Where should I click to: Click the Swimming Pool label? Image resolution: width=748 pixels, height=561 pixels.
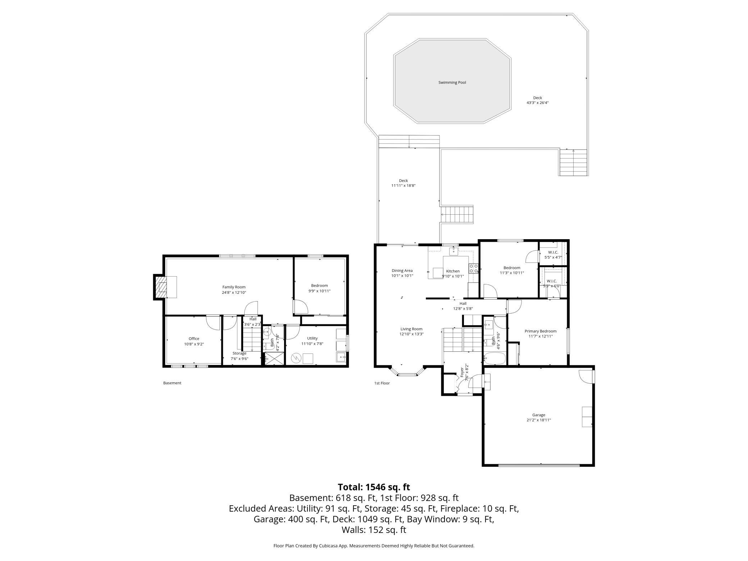tap(452, 83)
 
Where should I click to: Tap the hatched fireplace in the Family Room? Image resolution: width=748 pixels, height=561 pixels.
tap(163, 287)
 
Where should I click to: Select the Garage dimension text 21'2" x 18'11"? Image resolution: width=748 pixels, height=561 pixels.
tap(538, 420)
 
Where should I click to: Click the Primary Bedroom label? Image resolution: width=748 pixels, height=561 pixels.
tap(540, 331)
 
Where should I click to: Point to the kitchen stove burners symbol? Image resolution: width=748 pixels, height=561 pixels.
tap(473, 268)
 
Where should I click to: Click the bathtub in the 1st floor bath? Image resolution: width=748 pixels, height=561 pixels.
tap(495, 359)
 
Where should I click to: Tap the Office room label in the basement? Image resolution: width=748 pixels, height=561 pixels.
tap(194, 339)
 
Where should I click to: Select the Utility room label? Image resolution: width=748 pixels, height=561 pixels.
tap(312, 338)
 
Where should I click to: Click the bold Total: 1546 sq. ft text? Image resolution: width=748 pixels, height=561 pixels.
tap(374, 487)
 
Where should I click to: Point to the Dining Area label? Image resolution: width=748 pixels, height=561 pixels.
tap(402, 271)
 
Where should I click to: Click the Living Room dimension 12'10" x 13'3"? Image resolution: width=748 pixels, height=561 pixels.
tap(411, 334)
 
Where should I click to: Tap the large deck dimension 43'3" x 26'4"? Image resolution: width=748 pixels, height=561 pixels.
tap(537, 103)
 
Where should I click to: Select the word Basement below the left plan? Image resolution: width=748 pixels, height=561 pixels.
tap(172, 383)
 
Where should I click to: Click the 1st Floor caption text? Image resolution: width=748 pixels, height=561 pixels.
tap(382, 383)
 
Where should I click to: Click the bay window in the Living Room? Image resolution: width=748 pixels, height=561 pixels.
tap(407, 374)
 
